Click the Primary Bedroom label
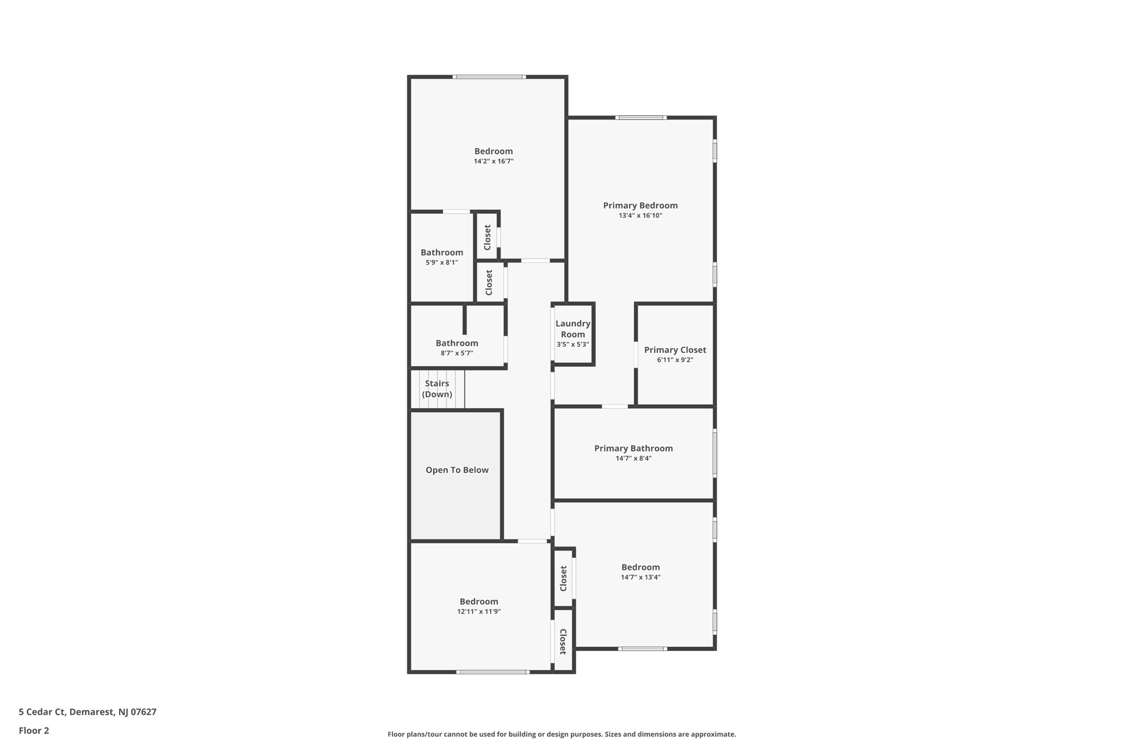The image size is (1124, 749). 640,205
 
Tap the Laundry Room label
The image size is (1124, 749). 572,329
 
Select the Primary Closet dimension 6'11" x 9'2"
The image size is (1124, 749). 675,360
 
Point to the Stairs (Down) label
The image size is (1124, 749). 437,388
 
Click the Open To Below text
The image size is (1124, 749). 457,470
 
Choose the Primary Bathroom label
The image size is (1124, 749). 633,448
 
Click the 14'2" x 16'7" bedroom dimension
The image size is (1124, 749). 493,161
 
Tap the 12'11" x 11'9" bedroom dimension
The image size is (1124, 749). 479,611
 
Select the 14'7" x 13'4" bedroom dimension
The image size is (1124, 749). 640,577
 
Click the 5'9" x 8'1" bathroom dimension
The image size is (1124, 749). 441,262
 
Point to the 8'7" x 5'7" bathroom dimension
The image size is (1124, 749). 457,353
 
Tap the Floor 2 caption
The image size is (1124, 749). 34,730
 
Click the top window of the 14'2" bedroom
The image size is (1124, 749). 489,77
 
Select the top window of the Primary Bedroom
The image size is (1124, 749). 640,117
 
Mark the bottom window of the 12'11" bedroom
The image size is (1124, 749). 492,672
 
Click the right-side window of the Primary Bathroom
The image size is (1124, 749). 715,453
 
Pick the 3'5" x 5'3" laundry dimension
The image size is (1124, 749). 572,345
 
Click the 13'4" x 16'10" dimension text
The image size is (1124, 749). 640,216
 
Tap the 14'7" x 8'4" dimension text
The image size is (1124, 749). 633,458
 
